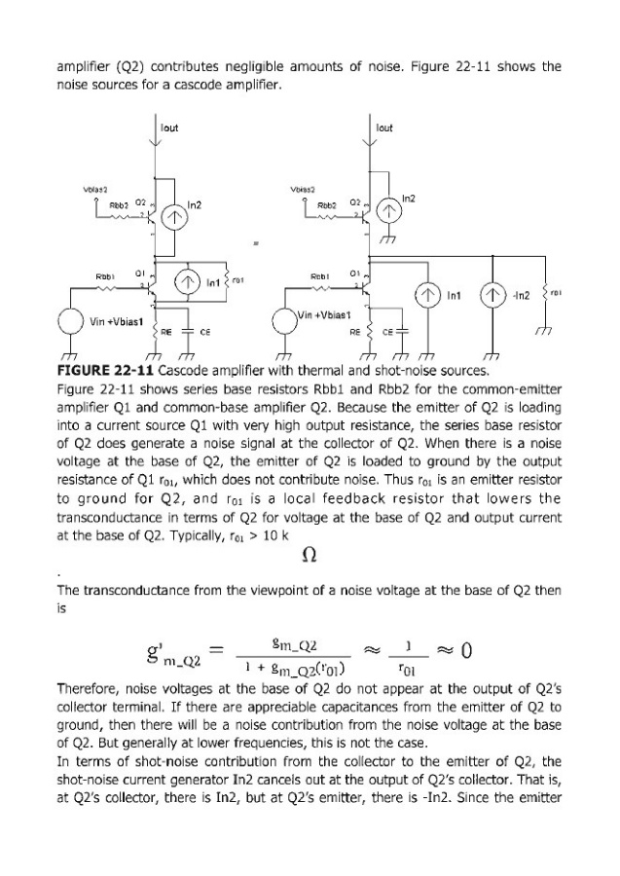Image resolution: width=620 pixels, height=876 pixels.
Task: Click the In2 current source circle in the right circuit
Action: [389, 212]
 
